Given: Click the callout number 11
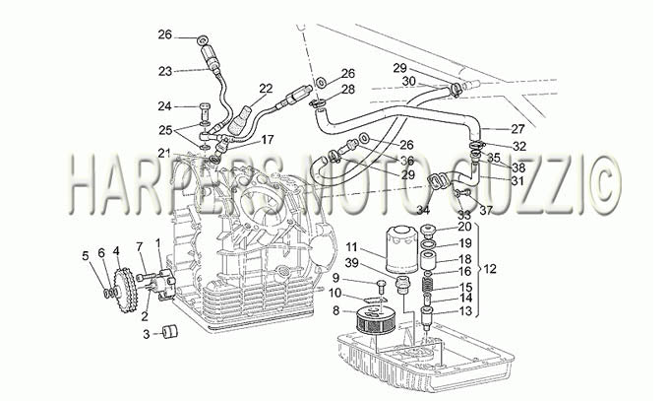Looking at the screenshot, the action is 351,247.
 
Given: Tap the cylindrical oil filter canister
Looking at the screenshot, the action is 400,250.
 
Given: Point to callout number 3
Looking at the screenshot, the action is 147,334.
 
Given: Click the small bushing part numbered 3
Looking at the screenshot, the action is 170,332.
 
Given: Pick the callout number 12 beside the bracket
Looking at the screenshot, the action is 490,269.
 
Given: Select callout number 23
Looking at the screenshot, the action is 165,71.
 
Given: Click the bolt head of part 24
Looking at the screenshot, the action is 206,105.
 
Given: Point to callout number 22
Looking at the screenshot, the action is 266,88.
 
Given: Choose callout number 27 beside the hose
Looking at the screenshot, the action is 517,129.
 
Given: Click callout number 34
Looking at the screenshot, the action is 423,210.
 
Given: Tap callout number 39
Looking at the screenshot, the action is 352,263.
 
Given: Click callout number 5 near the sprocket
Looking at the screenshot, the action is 86,255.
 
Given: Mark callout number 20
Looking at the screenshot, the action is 464,227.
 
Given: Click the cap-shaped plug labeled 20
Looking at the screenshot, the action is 428,232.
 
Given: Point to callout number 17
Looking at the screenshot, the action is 268,139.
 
